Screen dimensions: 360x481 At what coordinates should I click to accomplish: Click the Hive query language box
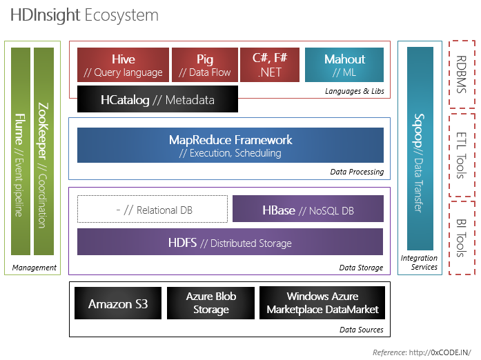123,66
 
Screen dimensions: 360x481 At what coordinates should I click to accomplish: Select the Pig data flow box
204,66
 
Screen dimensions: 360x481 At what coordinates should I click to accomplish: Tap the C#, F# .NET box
270,66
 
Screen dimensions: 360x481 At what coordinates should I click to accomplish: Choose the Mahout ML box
344,66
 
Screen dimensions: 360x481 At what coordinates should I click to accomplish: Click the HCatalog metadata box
157,100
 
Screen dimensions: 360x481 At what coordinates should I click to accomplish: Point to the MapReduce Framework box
230,146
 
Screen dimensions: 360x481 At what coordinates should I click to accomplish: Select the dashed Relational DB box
152,209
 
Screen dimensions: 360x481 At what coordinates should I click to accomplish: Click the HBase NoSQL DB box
307,209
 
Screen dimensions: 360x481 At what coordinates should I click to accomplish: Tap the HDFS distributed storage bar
230,242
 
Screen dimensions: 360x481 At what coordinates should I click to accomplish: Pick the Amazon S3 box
117,303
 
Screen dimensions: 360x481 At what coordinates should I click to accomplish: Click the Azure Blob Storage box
210,303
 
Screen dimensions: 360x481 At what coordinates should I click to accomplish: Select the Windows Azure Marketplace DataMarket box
322,303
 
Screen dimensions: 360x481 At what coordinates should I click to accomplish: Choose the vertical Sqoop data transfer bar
420,148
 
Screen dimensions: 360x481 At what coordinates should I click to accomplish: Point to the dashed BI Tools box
462,238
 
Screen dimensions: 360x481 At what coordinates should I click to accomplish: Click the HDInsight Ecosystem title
84,15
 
